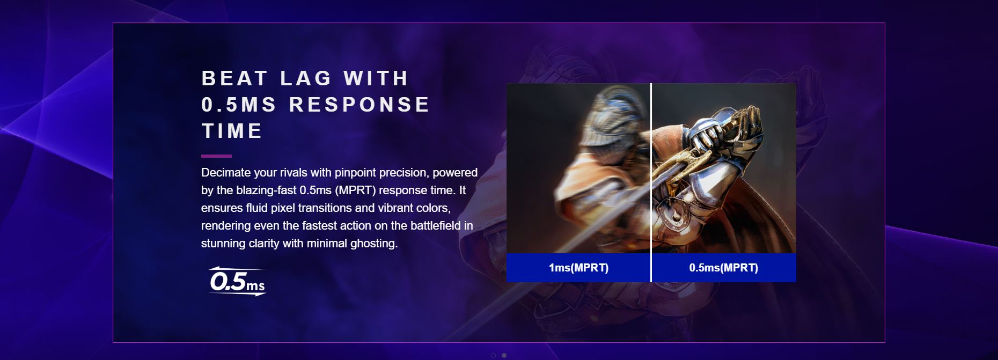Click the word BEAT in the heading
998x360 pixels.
pos(234,78)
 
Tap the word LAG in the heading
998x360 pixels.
pos(306,78)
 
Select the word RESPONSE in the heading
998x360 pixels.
pos(359,105)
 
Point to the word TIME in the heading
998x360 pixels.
pos(232,131)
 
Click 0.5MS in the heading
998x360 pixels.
pos(239,105)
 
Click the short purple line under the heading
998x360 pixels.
pos(216,156)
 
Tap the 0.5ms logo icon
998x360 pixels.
pos(237,281)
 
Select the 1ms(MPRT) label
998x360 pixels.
pos(578,268)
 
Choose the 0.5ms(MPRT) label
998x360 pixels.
pos(723,268)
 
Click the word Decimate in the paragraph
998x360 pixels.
pos(226,173)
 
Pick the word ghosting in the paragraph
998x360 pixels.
pos(373,244)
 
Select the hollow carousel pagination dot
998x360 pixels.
pos(493,355)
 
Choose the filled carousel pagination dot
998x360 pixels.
pos(504,355)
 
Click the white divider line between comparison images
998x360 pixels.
pos(651,182)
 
